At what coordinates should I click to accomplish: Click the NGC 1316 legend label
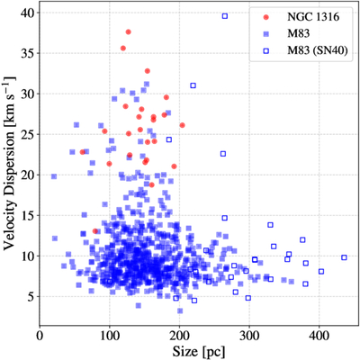click(313, 17)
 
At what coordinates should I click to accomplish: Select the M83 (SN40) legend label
click(318, 51)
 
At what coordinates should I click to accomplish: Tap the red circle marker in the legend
click(265, 17)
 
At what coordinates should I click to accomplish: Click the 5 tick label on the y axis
click(31, 296)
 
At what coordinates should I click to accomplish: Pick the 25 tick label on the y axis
click(28, 134)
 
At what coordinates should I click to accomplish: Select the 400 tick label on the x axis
click(319, 336)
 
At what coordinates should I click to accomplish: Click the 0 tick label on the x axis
click(40, 336)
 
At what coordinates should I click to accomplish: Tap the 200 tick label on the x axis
click(179, 336)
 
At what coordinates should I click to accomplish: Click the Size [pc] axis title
click(198, 351)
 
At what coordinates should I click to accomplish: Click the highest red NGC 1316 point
click(129, 31)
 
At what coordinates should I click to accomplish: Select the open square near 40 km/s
click(225, 16)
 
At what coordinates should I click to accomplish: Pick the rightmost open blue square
click(344, 257)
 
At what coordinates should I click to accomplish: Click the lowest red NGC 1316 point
click(95, 231)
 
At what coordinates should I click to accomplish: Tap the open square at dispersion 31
click(193, 85)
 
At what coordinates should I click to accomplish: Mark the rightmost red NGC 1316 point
click(182, 125)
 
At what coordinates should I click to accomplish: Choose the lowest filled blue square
click(180, 310)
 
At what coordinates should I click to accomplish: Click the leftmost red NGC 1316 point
click(83, 152)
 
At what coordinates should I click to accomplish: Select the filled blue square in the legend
click(265, 34)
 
